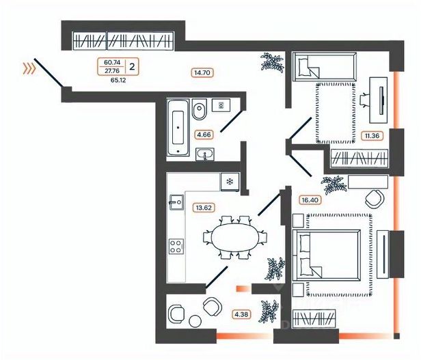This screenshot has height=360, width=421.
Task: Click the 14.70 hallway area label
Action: [202, 72]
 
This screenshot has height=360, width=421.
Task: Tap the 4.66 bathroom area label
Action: [204, 134]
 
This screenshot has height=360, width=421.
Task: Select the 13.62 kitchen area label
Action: [204, 208]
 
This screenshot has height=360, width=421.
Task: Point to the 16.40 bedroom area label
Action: [310, 200]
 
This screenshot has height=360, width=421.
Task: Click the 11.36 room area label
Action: [372, 135]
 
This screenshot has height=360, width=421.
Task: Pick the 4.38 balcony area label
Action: [241, 314]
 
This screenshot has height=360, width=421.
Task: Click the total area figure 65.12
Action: [118, 80]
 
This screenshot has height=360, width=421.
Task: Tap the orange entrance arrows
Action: [29, 68]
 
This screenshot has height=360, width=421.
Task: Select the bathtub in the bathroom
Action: [178, 127]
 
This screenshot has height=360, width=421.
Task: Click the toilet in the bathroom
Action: [200, 109]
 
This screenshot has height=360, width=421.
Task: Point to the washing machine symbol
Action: [221, 105]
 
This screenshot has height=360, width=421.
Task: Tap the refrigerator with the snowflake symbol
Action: [230, 182]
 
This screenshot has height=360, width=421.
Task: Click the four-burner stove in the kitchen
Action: [176, 247]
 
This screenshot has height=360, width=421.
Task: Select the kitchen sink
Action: [176, 202]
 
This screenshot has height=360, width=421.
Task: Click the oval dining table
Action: [236, 237]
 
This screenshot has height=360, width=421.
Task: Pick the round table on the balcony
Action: [195, 321]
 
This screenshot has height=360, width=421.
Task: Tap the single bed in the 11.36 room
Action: [325, 66]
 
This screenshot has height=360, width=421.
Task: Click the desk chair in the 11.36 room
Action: [365, 100]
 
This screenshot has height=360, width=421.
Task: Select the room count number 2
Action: [132, 66]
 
